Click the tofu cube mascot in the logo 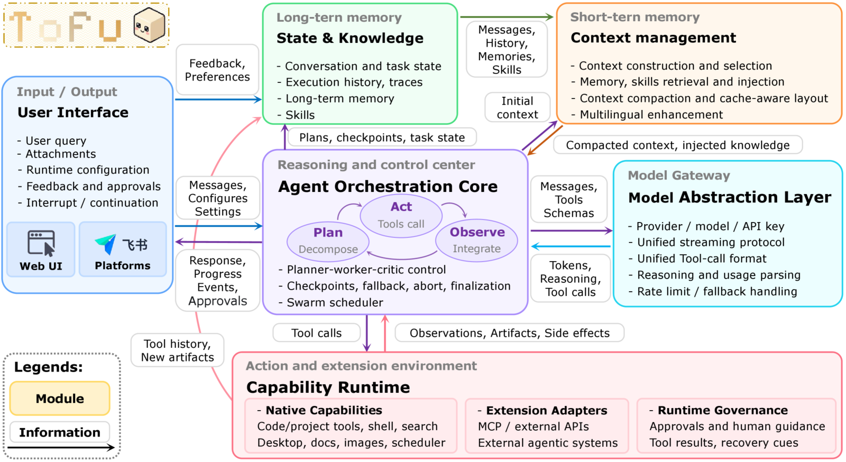150,25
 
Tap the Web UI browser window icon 41,244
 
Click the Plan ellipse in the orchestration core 328,241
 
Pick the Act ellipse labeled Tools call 401,215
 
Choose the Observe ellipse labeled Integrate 476,240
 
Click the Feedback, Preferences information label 217,70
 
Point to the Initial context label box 517,108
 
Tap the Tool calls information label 316,333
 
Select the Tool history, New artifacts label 177,350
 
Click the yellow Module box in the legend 60,398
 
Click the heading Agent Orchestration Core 388,187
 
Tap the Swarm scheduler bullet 331,302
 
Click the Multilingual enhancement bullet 647,114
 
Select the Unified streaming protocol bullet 706,242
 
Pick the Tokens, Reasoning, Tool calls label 571,279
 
